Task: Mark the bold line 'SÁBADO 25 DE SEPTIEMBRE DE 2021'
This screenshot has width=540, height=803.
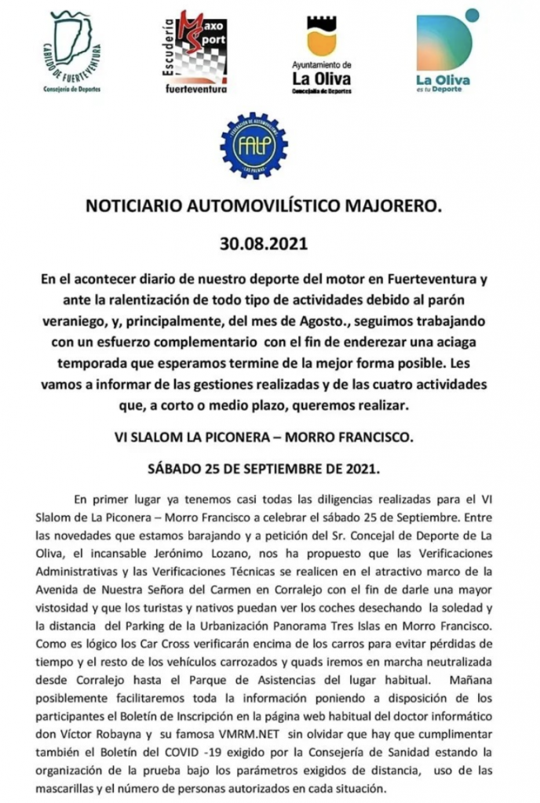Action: (265, 471)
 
